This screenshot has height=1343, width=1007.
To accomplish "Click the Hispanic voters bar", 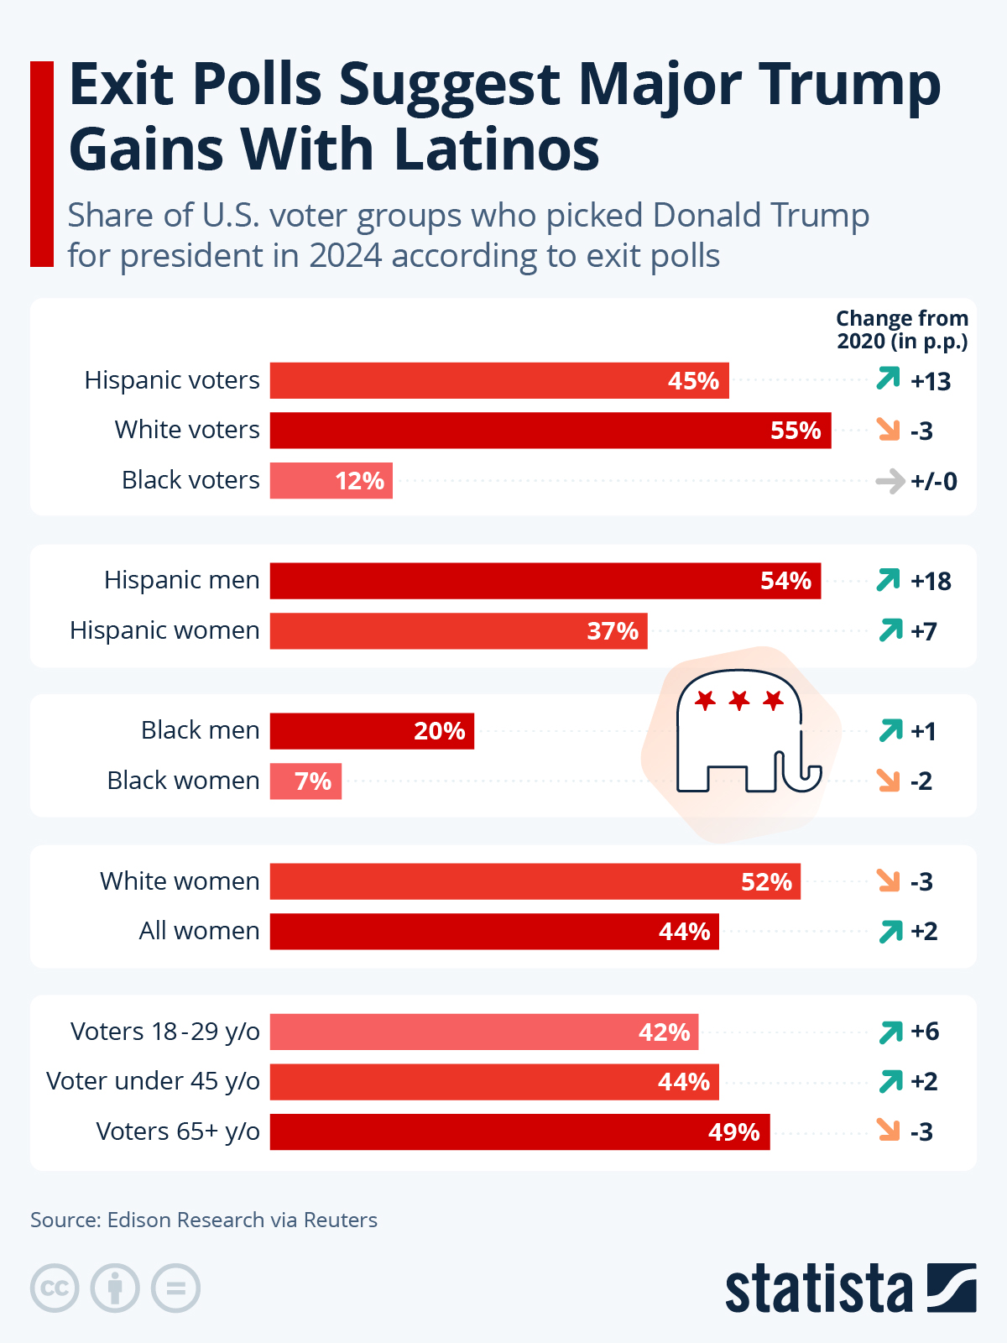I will click(x=499, y=380).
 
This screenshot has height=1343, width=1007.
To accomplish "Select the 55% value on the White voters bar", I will click(x=795, y=431).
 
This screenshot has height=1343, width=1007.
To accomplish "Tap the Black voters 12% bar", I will click(x=331, y=480).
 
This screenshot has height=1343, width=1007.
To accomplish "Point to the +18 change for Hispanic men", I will click(x=931, y=581).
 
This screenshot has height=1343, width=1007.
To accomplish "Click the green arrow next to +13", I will click(x=888, y=379).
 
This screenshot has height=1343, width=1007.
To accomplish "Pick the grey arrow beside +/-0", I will click(x=890, y=482).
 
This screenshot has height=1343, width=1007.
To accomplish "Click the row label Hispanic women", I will click(x=164, y=630).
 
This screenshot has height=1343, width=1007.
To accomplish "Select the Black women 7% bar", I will click(x=305, y=781).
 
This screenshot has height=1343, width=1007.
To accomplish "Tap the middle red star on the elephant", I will click(x=738, y=699).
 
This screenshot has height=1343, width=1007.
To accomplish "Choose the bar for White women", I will click(x=535, y=881).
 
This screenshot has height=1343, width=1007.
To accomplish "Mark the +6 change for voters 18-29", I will click(x=925, y=1032).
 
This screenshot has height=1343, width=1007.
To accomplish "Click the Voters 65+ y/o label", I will click(x=178, y=1131).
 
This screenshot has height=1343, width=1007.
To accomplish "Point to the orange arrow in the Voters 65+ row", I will click(x=888, y=1130).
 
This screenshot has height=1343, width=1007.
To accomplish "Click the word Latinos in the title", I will click(x=497, y=149).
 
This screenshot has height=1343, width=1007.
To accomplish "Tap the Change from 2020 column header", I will click(x=902, y=330).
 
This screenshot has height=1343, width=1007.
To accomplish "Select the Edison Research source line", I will click(x=204, y=1220).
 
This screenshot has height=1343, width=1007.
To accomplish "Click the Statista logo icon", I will click(x=952, y=1288).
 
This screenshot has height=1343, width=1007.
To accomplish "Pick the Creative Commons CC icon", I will click(x=55, y=1288).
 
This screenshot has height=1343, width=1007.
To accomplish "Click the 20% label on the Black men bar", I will click(x=439, y=731).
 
